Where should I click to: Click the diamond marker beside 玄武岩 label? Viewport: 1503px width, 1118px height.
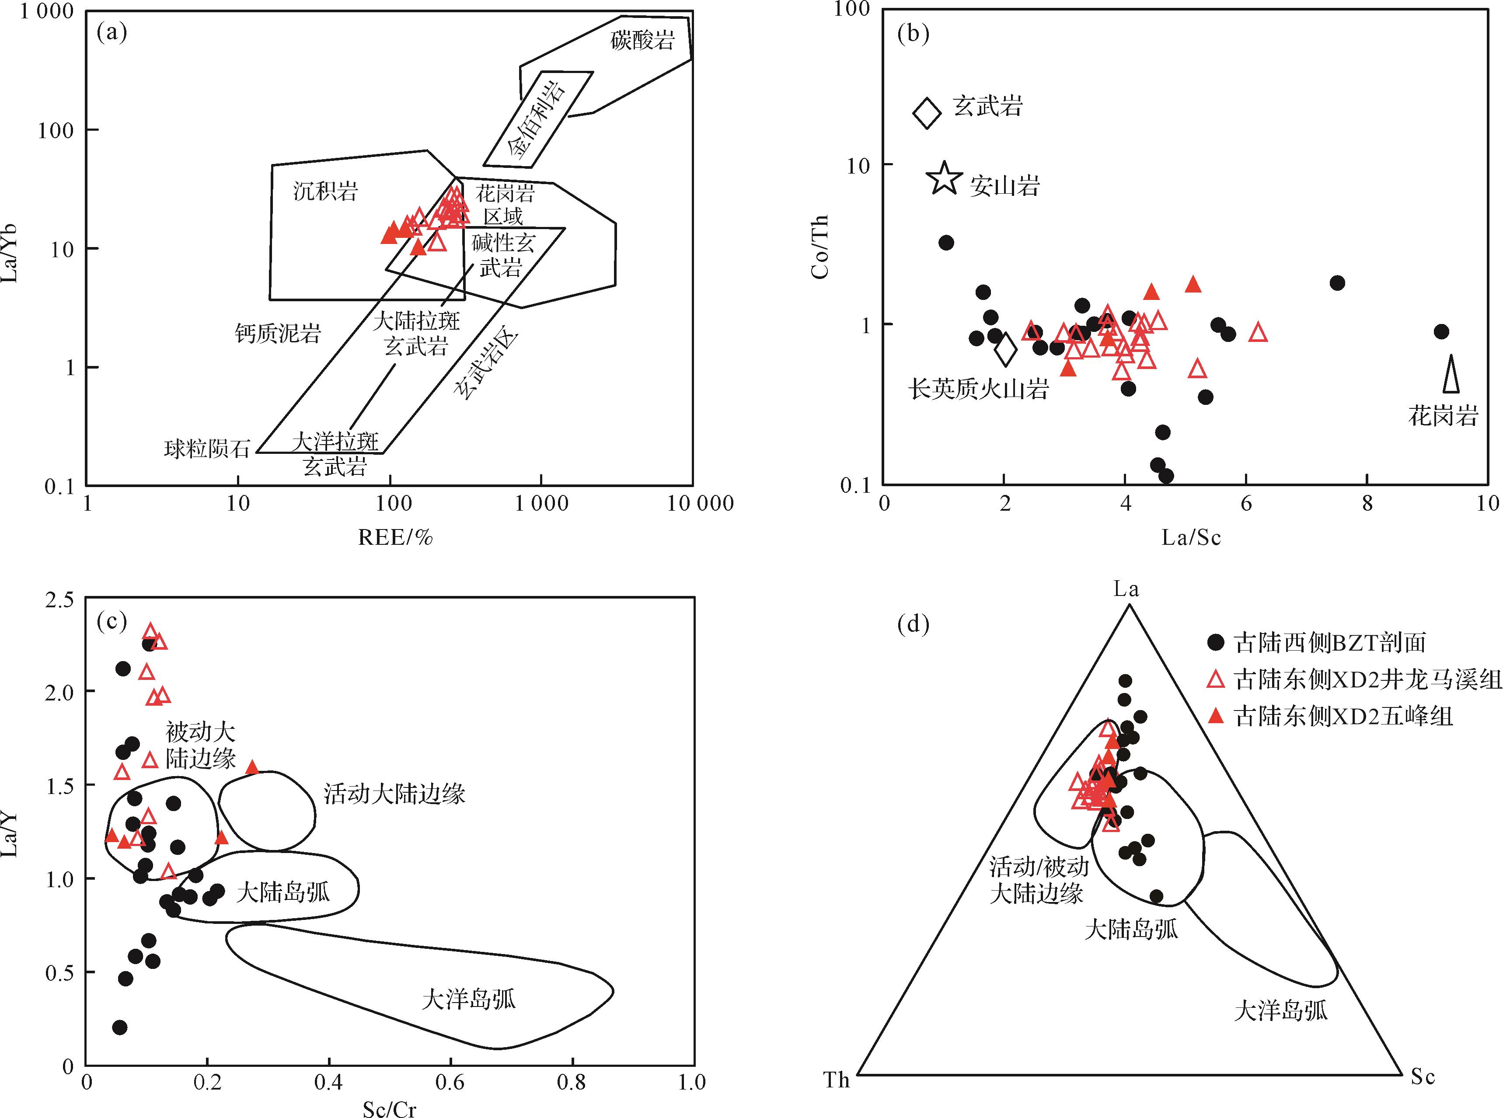(927, 112)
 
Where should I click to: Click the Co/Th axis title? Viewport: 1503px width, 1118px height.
(820, 247)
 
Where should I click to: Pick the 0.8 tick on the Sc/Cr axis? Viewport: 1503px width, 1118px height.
(572, 1081)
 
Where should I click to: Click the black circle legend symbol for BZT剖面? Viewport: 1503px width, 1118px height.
(1216, 641)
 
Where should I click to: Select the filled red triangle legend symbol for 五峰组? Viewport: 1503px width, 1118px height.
(1216, 715)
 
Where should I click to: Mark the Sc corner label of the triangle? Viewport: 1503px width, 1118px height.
(1423, 1076)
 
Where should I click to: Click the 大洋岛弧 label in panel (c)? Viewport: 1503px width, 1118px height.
(468, 999)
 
